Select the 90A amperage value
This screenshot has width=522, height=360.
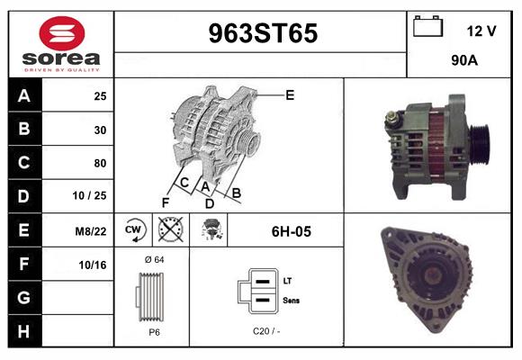[463, 62]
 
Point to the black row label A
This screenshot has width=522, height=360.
[24, 96]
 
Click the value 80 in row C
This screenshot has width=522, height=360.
[99, 164]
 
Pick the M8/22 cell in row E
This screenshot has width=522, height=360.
[91, 231]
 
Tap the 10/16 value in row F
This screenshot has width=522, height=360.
[93, 265]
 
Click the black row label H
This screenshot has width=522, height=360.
[24, 331]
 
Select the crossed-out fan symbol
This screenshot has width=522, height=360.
[170, 231]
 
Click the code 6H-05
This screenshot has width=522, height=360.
[291, 231]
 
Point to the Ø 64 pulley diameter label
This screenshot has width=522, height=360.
[153, 260]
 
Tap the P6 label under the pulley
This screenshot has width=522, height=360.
[154, 331]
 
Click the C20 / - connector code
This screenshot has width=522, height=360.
[265, 331]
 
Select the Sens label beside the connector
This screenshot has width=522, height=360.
[291, 300]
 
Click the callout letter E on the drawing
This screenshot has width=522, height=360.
[290, 94]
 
